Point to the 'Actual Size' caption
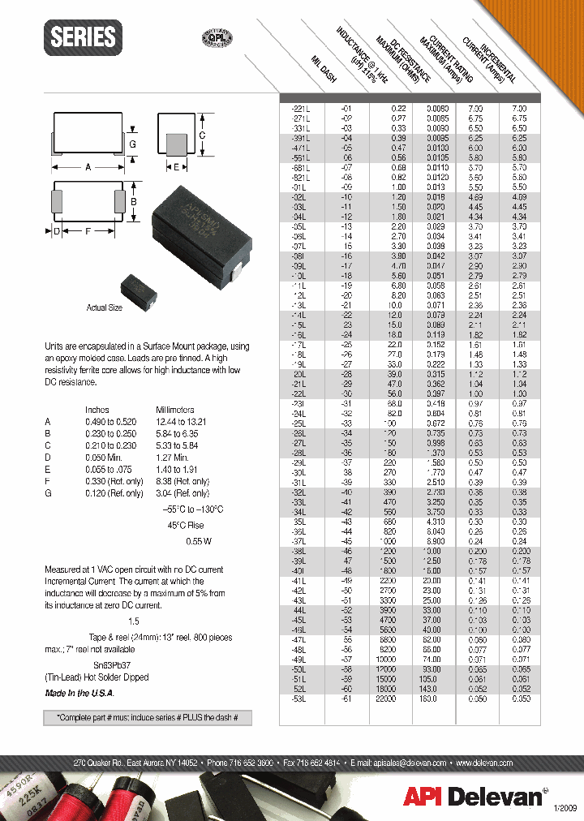click(105, 308)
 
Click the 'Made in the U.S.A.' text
click(79, 694)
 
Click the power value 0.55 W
click(199, 540)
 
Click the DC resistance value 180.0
click(437, 698)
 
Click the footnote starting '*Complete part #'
click(148, 718)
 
